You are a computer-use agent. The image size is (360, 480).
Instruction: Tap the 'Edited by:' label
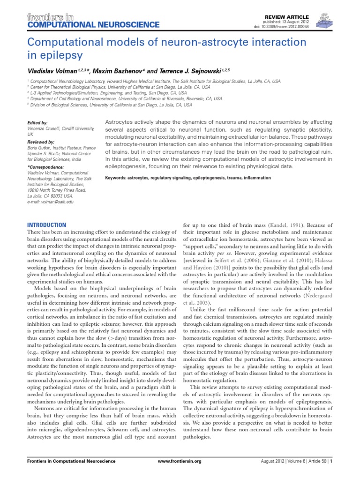pos(37,122)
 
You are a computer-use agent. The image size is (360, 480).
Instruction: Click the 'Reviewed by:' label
pos(41,142)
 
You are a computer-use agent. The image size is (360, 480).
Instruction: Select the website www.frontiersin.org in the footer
pos(180,474)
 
